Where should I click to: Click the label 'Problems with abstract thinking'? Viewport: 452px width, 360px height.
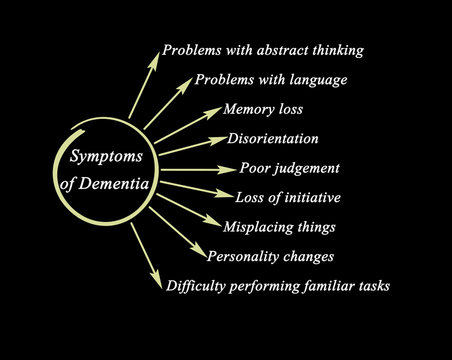click(263, 49)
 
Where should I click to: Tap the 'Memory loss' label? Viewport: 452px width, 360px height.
click(264, 109)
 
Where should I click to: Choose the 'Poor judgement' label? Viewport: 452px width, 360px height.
click(290, 167)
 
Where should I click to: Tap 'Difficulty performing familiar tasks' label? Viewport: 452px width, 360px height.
click(277, 286)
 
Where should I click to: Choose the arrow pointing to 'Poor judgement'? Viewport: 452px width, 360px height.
click(197, 169)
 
